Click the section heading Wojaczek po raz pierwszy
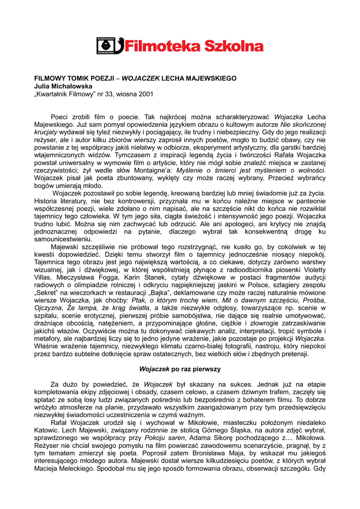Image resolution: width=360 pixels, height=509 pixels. (180, 369)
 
